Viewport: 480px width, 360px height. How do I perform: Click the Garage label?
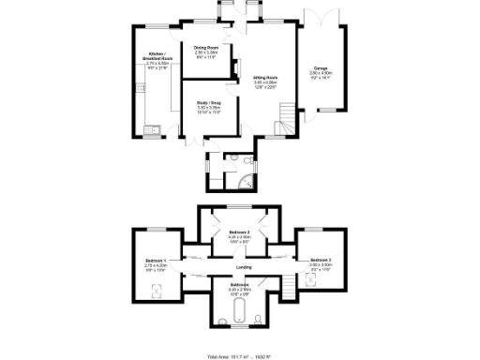tap(321, 68)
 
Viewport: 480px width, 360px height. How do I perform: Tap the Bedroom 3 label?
tap(322, 259)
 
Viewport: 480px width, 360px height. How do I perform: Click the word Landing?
tap(243, 269)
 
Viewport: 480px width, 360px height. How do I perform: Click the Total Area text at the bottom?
tap(239, 356)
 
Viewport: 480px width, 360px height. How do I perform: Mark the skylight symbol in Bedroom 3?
tap(319, 286)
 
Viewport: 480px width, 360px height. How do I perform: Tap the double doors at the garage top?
tap(322, 17)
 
